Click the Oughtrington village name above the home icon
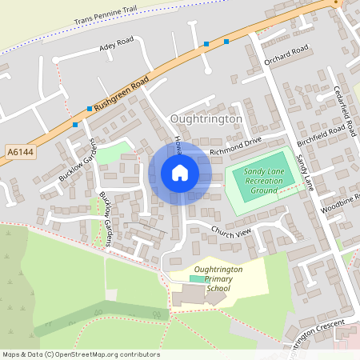tap(206, 118)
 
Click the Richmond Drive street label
tap(235, 146)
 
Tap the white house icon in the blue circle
tap(180, 173)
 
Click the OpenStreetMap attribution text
tap(80, 354)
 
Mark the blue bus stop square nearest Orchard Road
tap(226, 41)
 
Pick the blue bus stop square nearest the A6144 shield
tap(75, 124)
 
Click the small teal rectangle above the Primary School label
tap(196, 278)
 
